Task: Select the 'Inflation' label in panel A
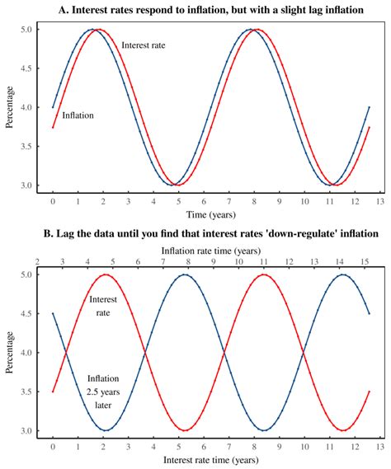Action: pos(78,116)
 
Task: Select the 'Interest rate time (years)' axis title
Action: pos(211,458)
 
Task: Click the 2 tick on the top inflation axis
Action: pos(38,261)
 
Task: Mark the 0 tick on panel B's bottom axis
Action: pos(53,445)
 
